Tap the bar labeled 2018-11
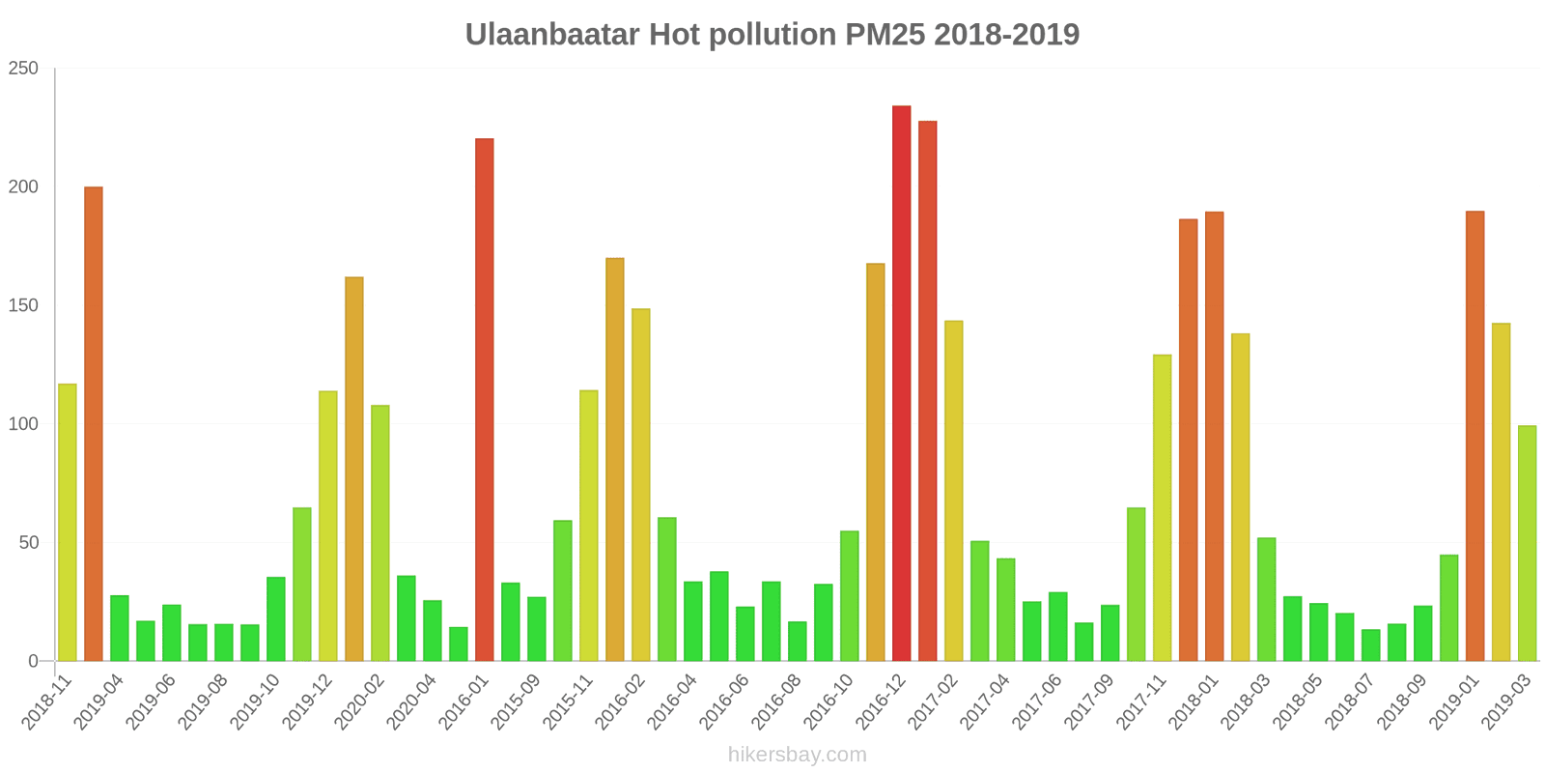(67, 522)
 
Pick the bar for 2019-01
(1475, 436)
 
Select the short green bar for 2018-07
(1370, 644)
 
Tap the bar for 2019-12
(327, 526)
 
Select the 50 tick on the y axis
(28, 543)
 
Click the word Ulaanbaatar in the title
(552, 35)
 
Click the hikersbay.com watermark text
(797, 755)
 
